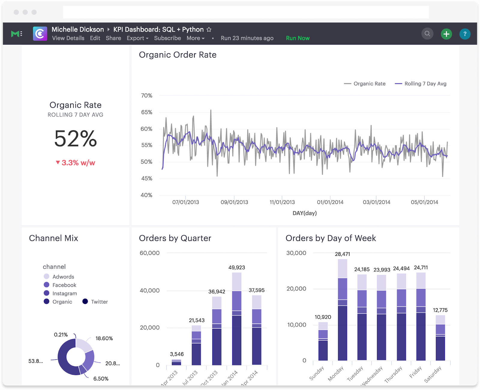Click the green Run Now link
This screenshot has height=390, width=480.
tap(298, 38)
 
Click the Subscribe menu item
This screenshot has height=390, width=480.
tap(167, 38)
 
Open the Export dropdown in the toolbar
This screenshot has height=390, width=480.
tap(137, 38)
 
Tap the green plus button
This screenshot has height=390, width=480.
tap(446, 34)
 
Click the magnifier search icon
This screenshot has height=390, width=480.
tap(427, 34)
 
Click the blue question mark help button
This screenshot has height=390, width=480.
tap(465, 34)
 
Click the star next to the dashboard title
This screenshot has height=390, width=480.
tap(209, 29)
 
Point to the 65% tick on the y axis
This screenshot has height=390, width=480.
tap(147, 112)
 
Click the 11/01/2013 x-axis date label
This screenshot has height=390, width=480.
tap(282, 202)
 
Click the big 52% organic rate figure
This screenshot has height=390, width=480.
tap(75, 139)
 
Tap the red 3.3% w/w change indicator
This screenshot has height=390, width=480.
tap(75, 163)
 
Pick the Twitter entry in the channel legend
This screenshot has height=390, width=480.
tap(99, 302)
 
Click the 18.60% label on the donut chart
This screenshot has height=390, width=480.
tap(104, 338)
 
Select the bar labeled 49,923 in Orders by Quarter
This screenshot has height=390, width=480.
tap(237, 319)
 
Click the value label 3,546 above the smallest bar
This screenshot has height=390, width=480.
tap(177, 354)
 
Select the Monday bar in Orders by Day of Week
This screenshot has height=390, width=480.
tap(342, 310)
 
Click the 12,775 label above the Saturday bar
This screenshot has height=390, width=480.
tap(440, 310)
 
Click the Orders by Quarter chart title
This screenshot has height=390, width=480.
tap(175, 238)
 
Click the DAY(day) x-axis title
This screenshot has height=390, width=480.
tap(304, 213)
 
